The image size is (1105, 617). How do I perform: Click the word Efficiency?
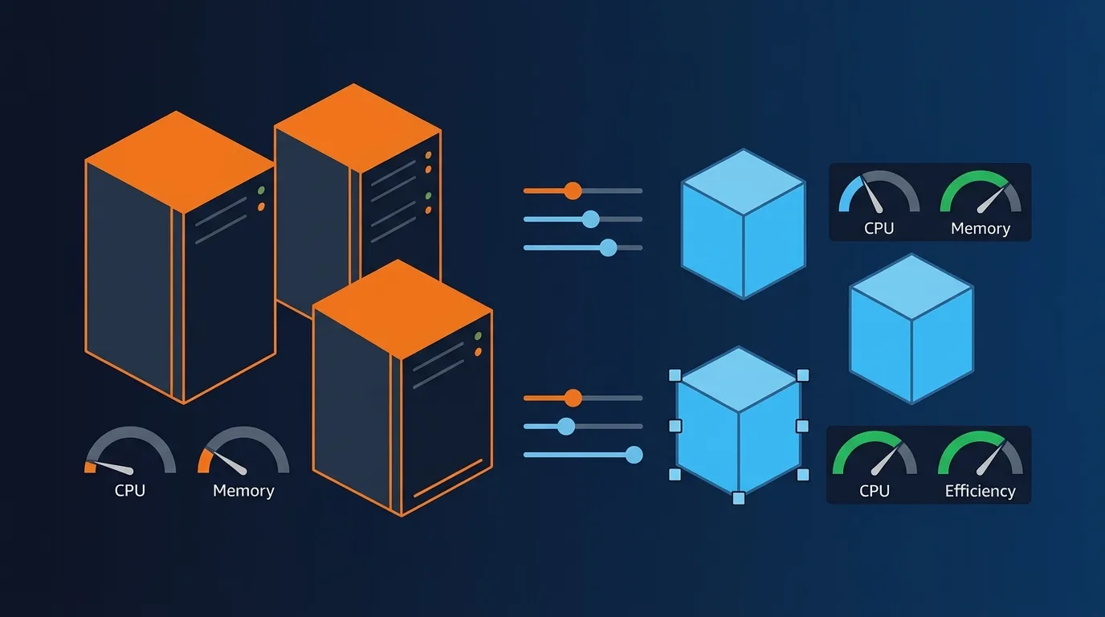coord(980,491)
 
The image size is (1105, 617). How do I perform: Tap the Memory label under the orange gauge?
coord(243,491)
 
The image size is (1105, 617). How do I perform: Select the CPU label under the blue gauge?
coord(879,228)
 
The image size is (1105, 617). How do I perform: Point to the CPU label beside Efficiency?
coord(874,491)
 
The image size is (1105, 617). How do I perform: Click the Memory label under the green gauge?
coord(980,228)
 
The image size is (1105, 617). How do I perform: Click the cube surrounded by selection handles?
coord(739,426)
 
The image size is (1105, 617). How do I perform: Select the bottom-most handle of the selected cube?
coord(739,498)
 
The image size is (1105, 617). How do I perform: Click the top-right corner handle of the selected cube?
coord(802,375)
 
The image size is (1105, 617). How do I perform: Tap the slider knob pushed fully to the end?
coord(634,455)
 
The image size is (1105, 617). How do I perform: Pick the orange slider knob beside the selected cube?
coord(573,398)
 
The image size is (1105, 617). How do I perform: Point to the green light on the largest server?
coord(261,191)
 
